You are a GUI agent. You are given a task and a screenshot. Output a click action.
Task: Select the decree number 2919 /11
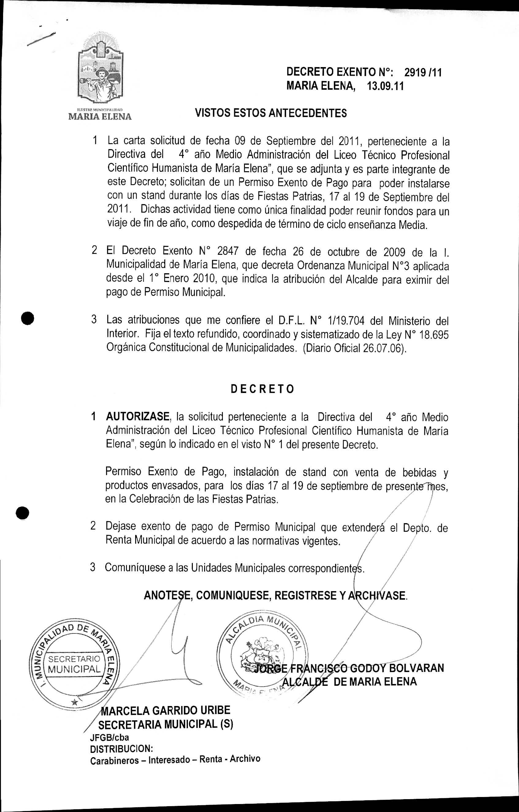tap(422, 72)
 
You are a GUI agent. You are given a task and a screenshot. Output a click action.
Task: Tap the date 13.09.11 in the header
tap(385, 86)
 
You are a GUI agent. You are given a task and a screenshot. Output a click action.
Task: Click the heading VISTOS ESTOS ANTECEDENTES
tap(271, 113)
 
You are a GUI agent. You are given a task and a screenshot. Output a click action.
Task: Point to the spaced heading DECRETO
tap(262, 389)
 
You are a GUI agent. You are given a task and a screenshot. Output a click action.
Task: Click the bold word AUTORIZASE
tap(137, 417)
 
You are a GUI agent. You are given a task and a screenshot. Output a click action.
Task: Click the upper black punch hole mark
tap(27, 319)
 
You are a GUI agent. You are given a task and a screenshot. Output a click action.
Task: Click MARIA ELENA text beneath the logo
tap(100, 117)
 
